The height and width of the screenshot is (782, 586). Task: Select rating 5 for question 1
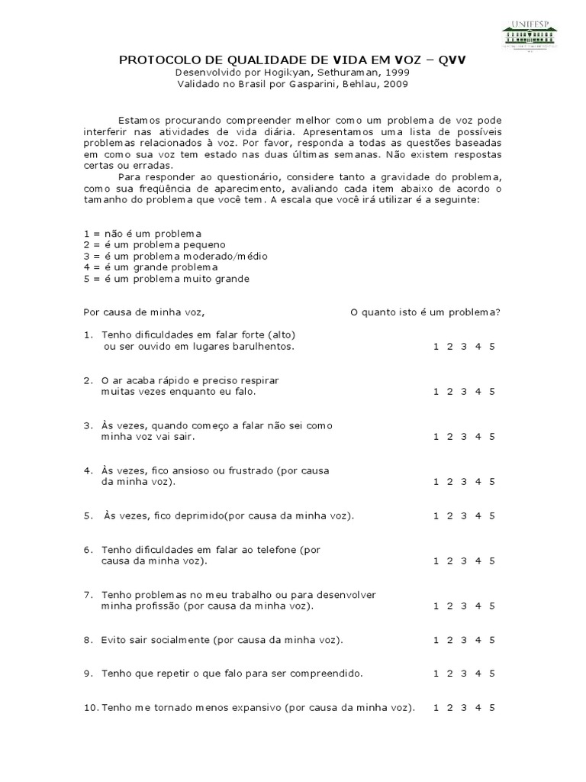coord(492,347)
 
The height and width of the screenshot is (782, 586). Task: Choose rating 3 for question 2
coord(464,392)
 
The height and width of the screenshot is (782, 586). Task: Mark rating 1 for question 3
coord(436,437)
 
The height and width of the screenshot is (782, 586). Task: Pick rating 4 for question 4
coord(478,482)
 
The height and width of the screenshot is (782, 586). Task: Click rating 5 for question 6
coord(492,561)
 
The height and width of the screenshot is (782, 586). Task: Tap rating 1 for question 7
coord(436,606)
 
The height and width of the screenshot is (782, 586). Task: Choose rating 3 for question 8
coord(464,640)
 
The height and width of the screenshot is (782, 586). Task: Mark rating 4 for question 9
coord(478,674)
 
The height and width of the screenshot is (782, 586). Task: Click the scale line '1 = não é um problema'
coord(141,233)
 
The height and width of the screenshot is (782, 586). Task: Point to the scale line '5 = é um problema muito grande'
coord(166,279)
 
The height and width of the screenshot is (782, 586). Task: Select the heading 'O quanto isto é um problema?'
coord(425,312)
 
